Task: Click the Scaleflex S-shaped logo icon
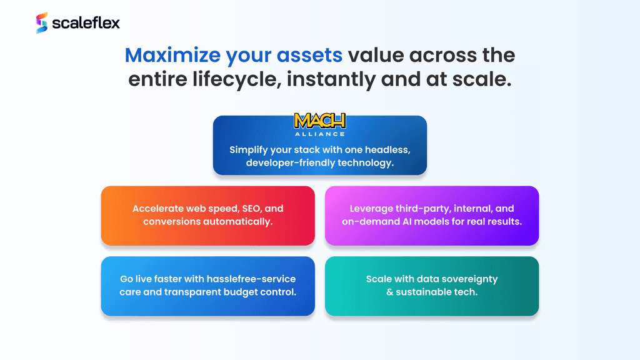click(x=42, y=22)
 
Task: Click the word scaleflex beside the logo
click(x=86, y=23)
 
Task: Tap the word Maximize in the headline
click(x=172, y=55)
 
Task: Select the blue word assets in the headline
click(x=309, y=55)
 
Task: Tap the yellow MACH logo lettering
click(x=320, y=121)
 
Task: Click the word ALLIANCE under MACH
click(x=320, y=134)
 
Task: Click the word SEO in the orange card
click(x=252, y=209)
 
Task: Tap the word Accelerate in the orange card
click(x=157, y=209)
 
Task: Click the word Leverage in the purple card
click(x=371, y=209)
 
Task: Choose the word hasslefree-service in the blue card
click(x=251, y=279)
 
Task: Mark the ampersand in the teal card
click(x=389, y=292)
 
